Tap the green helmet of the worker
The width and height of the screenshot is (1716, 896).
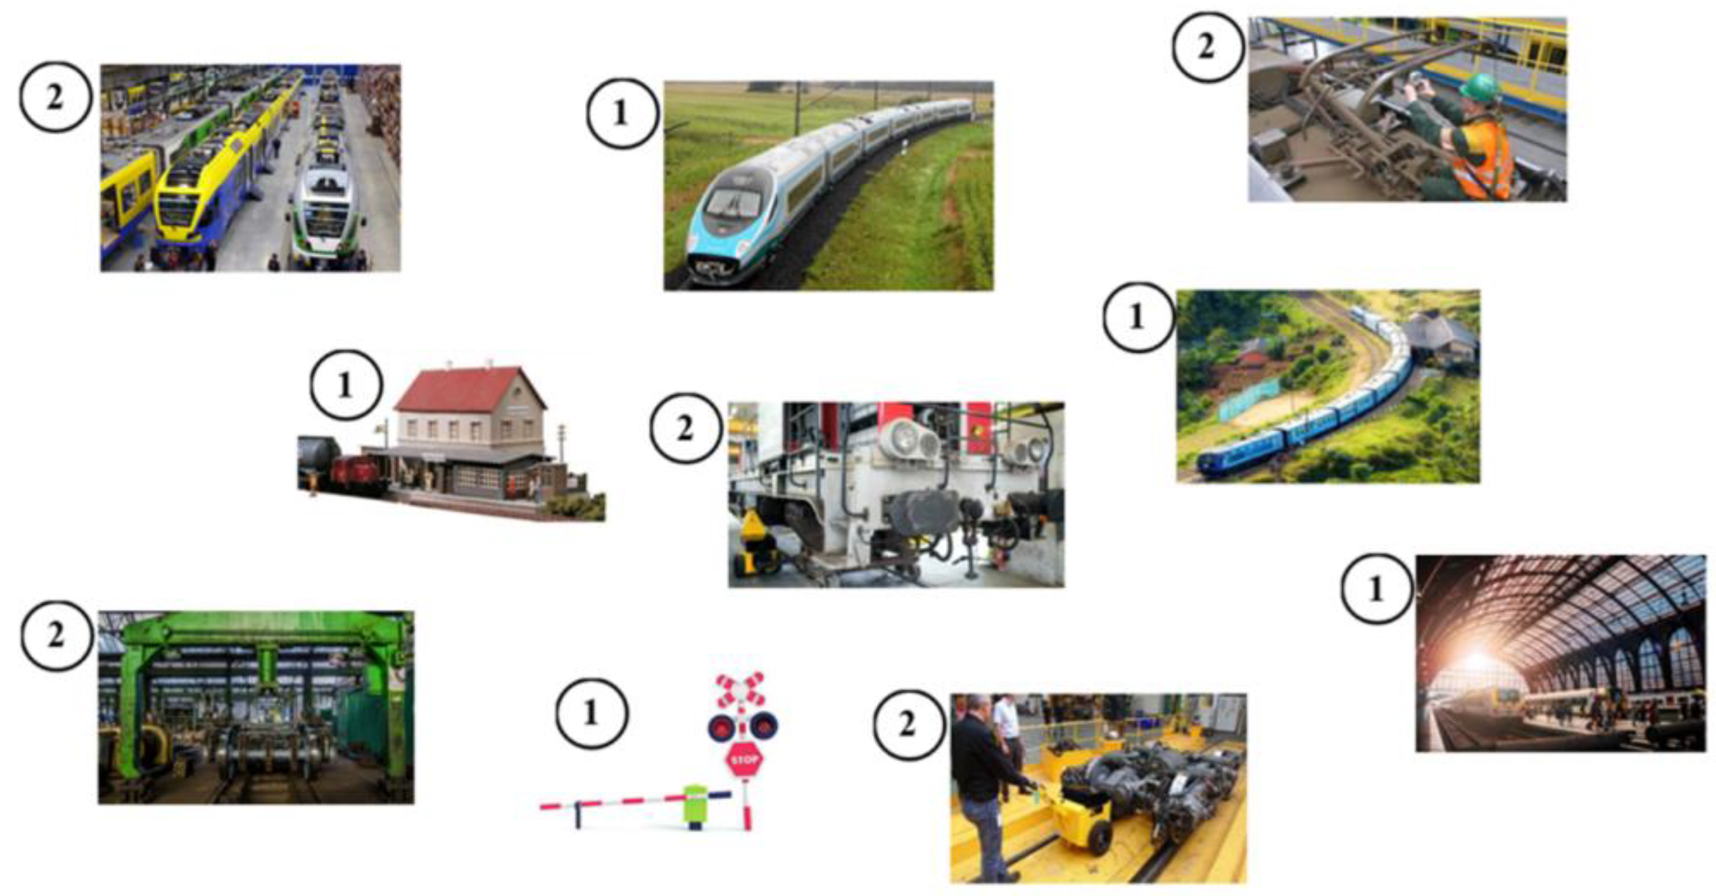tap(1481, 88)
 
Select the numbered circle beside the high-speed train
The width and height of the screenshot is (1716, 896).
tap(621, 113)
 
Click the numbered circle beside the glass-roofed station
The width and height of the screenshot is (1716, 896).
tap(1377, 589)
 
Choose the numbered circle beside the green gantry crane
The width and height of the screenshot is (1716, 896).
tap(56, 635)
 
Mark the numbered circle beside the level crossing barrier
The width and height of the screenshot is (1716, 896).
tap(591, 714)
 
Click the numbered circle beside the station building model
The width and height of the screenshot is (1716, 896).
tap(346, 384)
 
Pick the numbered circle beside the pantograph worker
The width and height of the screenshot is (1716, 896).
tap(1207, 47)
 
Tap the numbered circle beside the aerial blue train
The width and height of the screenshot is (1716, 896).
tap(1138, 317)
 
